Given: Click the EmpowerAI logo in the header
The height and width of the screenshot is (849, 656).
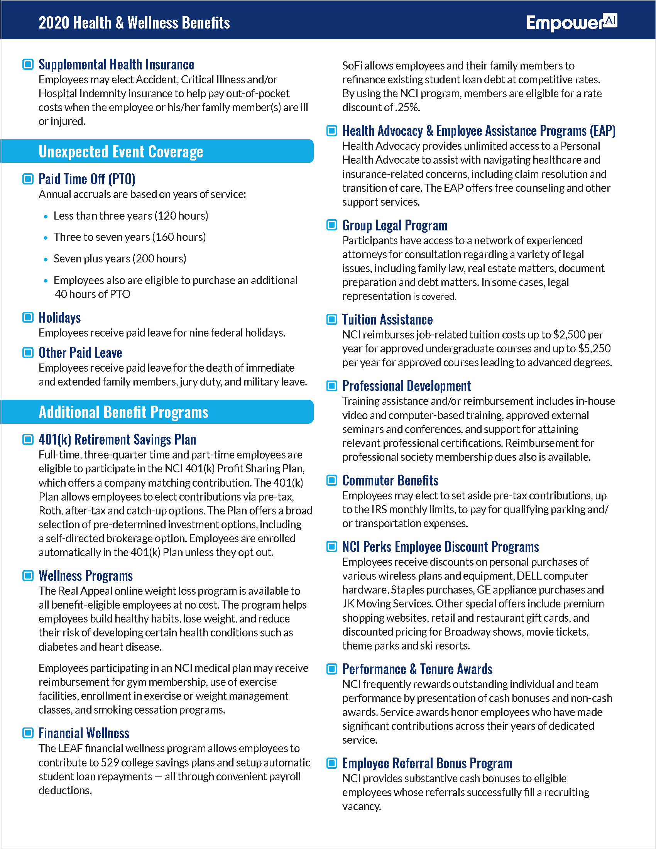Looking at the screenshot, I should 571,22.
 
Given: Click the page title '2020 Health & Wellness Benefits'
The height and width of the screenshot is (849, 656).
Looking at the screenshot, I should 134,23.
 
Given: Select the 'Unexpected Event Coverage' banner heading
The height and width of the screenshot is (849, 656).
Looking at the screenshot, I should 120,152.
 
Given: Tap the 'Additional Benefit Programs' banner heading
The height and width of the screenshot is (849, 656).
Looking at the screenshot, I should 123,412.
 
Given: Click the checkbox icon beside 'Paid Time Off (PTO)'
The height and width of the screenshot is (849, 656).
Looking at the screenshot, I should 28,179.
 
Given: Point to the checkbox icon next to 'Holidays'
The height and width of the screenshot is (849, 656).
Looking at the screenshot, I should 28,317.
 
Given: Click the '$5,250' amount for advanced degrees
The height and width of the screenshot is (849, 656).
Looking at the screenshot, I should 594,349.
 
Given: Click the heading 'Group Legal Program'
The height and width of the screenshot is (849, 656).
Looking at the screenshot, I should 394,225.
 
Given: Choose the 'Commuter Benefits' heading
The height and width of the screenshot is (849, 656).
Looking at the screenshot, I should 390,480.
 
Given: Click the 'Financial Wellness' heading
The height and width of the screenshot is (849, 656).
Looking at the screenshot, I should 84,733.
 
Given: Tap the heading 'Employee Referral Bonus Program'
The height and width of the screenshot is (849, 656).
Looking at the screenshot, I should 427,763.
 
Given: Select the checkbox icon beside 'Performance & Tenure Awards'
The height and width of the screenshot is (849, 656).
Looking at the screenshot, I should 332,669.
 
